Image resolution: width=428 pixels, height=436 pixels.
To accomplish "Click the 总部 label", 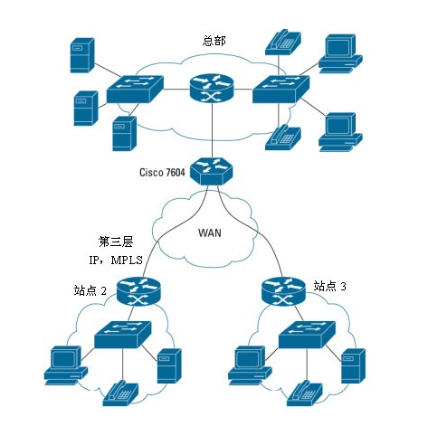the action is pyautogui.click(x=214, y=41).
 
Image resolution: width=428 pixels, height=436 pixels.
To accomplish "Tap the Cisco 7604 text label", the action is pyautogui.click(x=162, y=172).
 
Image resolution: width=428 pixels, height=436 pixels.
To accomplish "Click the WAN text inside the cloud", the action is pyautogui.click(x=210, y=232).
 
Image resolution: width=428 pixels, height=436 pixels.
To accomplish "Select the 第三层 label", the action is pyautogui.click(x=116, y=242).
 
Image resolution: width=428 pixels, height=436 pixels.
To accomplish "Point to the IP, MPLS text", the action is pyautogui.click(x=116, y=260).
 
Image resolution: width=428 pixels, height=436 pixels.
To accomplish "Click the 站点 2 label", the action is pyautogui.click(x=90, y=290).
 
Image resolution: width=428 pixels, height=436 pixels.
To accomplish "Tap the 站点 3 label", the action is pyautogui.click(x=329, y=286).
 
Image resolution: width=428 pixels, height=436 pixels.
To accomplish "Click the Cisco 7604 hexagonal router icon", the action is pyautogui.click(x=212, y=171).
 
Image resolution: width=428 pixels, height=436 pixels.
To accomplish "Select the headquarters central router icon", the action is pyautogui.click(x=212, y=88).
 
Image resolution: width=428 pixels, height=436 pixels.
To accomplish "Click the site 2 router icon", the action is pyautogui.click(x=138, y=291).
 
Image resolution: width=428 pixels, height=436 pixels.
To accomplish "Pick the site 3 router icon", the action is pyautogui.click(x=283, y=291).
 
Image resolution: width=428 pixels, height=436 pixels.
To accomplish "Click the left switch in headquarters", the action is pyautogui.click(x=135, y=89).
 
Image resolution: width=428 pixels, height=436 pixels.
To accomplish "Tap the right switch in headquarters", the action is pyautogui.click(x=281, y=89).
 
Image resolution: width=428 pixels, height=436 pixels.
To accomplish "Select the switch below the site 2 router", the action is pyautogui.click(x=123, y=335).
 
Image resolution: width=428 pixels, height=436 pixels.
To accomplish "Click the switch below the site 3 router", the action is pyautogui.click(x=307, y=335).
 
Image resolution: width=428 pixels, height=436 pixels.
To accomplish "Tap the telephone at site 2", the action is pyautogui.click(x=121, y=393).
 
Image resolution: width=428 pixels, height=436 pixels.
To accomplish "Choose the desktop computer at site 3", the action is pyautogui.click(x=250, y=365).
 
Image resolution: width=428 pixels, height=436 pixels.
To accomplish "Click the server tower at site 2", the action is pyautogui.click(x=169, y=365).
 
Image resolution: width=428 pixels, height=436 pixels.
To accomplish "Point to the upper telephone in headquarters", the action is pyautogui.click(x=283, y=43).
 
